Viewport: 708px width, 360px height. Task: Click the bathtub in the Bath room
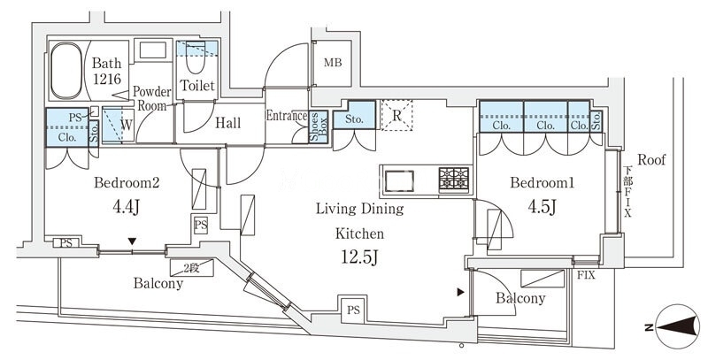point(66,72)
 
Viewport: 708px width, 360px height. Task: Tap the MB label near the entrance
point(332,63)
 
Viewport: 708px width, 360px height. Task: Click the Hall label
point(227,124)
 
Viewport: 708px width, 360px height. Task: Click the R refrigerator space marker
point(397,114)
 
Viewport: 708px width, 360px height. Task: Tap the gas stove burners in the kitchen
point(455,180)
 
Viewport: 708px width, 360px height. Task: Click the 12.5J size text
point(358,258)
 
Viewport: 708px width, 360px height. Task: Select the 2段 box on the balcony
point(192,268)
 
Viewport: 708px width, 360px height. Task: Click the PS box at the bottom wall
point(353,310)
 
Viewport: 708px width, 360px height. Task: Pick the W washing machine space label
point(127,125)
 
